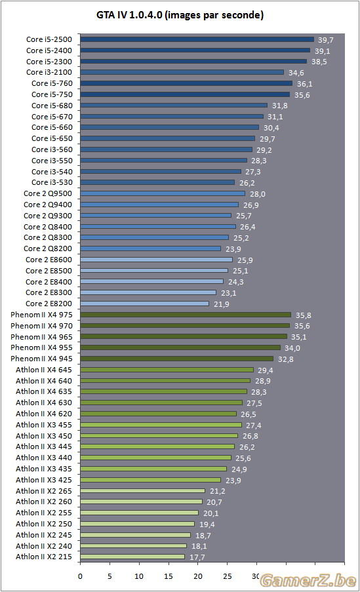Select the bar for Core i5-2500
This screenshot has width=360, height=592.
pyautogui.click(x=197, y=39)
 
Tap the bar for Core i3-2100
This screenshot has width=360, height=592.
pyautogui.click(x=182, y=72)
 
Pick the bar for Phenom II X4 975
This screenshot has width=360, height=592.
pyautogui.click(x=186, y=315)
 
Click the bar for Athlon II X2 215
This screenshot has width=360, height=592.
pyautogui.click(x=132, y=557)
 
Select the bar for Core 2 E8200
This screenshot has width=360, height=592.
pyautogui.click(x=144, y=304)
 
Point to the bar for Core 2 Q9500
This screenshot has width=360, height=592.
pyautogui.click(x=163, y=193)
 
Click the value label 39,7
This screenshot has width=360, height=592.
pyautogui.click(x=326, y=40)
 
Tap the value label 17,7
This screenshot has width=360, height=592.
pyautogui.click(x=197, y=557)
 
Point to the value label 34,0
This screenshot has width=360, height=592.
pyautogui.click(x=292, y=348)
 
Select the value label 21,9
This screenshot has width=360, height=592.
pyautogui.click(x=222, y=304)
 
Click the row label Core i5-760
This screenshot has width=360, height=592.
pyautogui.click(x=52, y=83)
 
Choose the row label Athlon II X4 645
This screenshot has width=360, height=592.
pyautogui.click(x=44, y=370)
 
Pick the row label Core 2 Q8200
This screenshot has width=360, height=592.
pyautogui.click(x=48, y=249)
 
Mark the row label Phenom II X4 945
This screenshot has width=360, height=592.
pyautogui.click(x=41, y=359)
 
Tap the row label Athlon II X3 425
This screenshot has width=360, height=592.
pyautogui.click(x=44, y=480)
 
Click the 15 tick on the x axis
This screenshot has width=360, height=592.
pyautogui.click(x=169, y=576)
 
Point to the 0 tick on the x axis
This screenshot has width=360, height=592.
pyautogui.click(x=80, y=576)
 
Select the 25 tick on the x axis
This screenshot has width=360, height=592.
pyautogui.click(x=228, y=576)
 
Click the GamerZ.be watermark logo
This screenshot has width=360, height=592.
pyautogui.click(x=308, y=581)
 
